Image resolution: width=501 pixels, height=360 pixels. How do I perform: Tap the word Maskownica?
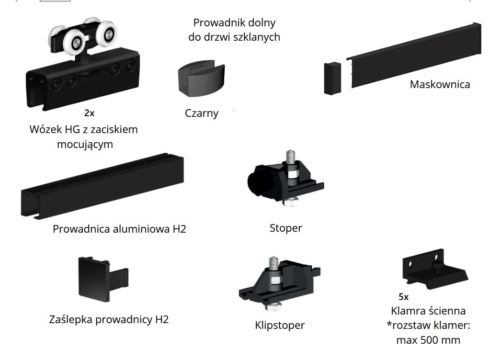(440, 85)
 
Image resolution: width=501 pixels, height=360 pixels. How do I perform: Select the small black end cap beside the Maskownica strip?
(332, 78)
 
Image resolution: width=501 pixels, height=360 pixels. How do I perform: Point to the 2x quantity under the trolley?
(90, 113)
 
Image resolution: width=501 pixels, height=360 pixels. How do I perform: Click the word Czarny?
(202, 113)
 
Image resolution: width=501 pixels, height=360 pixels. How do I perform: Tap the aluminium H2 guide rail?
(102, 187)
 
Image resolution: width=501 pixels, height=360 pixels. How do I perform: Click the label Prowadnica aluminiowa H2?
(119, 229)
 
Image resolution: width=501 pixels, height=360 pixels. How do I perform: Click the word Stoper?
(286, 228)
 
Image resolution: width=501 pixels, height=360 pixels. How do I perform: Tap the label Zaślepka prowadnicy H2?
(109, 319)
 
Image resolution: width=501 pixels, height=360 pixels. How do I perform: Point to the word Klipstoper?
(280, 326)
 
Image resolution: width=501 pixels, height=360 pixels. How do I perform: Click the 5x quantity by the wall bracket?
(403, 297)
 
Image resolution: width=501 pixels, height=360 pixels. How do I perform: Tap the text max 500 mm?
(428, 340)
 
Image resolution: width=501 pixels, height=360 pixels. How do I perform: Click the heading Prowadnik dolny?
(234, 22)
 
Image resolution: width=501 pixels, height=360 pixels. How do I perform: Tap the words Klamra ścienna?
(428, 311)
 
